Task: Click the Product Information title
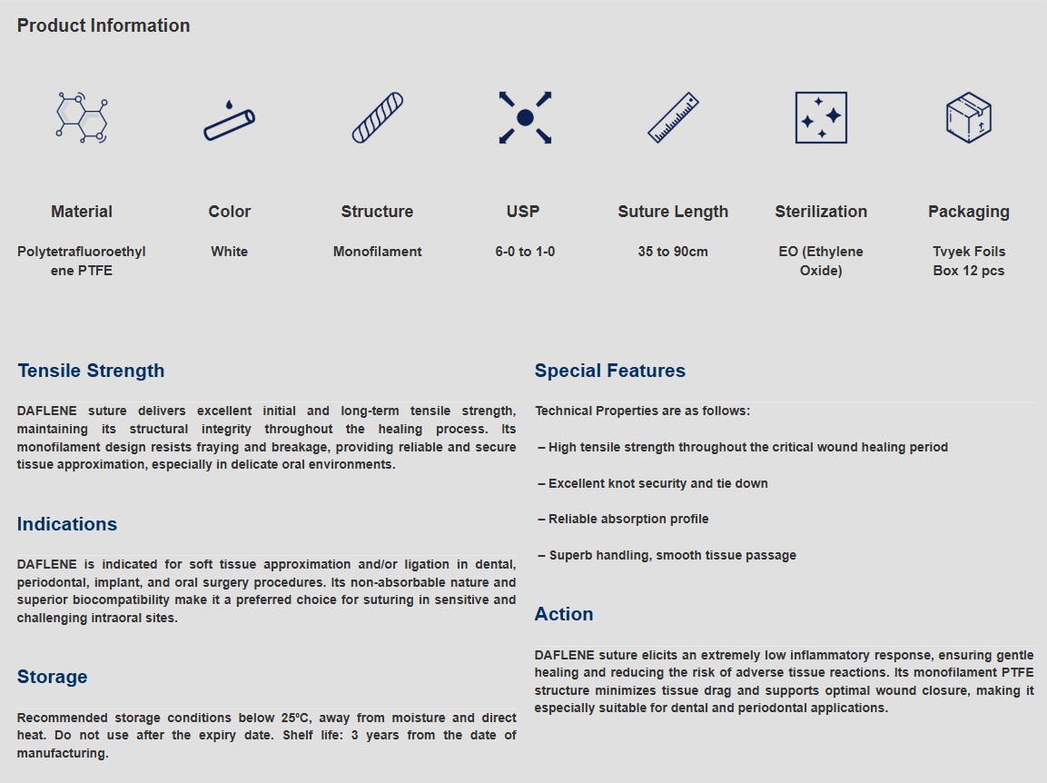point(104,25)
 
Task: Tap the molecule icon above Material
point(82,117)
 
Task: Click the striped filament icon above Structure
point(377,117)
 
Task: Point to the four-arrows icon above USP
point(525,117)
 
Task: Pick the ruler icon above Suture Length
point(673,117)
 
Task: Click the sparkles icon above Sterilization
point(821,117)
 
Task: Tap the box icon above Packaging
point(968,117)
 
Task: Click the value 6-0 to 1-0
point(525,252)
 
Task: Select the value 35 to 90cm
point(673,252)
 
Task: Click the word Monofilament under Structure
point(377,252)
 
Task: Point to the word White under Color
point(229,252)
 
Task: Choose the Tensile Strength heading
point(91,371)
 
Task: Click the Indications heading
point(67,524)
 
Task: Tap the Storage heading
point(52,677)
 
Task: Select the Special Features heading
point(610,371)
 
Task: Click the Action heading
point(564,614)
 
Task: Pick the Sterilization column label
point(821,212)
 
